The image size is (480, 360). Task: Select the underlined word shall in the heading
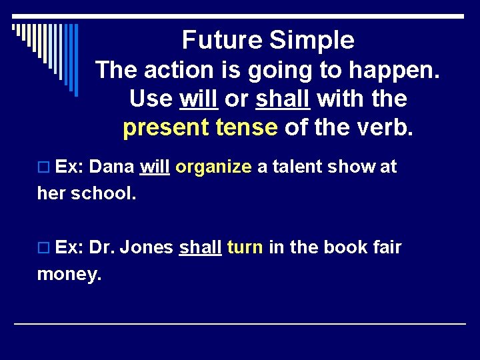coord(283,99)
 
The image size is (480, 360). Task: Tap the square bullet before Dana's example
coord(44,167)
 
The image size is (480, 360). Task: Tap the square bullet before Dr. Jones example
coord(44,248)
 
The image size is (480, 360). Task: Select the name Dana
coord(111,167)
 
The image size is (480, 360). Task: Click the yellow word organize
coord(213,167)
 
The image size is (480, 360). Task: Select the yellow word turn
coord(245,247)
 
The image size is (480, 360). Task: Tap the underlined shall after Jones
coord(200,247)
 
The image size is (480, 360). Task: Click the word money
coord(69,274)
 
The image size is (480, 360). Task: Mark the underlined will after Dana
coord(154,167)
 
